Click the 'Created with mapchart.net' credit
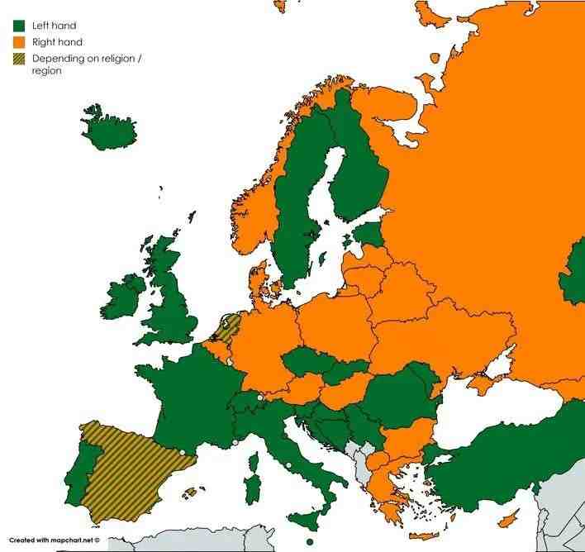coord(55,540)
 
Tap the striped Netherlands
coord(226,327)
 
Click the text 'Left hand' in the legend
coord(54,26)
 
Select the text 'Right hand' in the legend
coord(57,41)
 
